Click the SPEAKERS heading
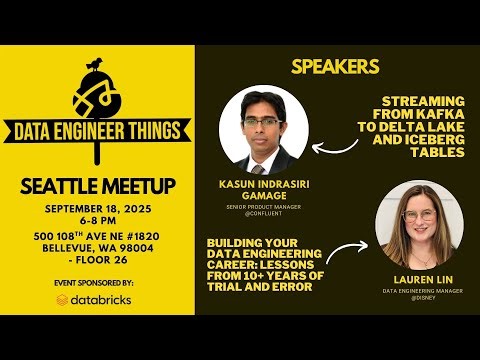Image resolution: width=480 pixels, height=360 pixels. click(334, 67)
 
